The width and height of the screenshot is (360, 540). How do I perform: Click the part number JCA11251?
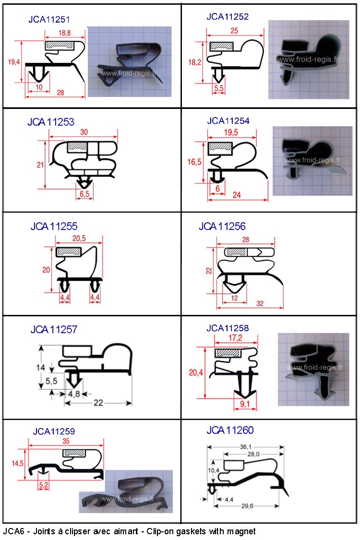[49, 19]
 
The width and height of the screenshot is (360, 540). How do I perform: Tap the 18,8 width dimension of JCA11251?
[64, 33]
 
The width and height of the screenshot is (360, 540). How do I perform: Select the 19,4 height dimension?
[14, 62]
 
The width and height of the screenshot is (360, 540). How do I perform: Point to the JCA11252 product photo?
[309, 59]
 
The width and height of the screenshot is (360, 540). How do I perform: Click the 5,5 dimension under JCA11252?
[219, 88]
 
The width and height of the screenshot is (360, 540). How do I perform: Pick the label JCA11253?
[51, 122]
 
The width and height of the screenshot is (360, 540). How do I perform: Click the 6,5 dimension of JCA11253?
[84, 194]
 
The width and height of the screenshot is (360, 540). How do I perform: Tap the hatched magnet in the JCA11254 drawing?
[220, 147]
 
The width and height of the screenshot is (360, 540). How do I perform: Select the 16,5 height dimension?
[194, 162]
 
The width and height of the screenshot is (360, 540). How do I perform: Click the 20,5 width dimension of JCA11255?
[79, 238]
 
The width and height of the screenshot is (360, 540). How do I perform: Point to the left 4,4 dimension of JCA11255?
[65, 297]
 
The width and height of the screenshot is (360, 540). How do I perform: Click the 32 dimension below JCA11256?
[260, 303]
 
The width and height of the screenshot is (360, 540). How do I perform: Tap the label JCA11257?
[54, 330]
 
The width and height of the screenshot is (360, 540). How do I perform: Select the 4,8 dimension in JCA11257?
[74, 394]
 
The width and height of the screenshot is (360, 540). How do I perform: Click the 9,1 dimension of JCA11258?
[245, 404]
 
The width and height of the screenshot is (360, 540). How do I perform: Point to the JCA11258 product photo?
[313, 369]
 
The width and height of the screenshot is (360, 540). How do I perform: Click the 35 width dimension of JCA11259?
[66, 441]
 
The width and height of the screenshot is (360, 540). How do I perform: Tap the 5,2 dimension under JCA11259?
[43, 485]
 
